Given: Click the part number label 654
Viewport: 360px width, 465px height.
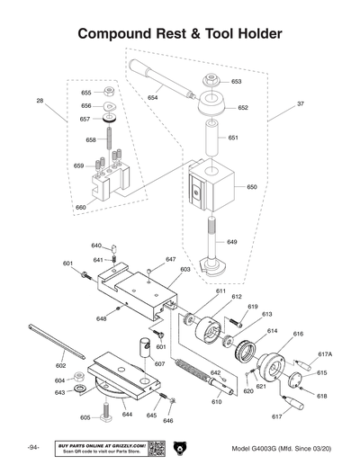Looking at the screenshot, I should (x=153, y=97).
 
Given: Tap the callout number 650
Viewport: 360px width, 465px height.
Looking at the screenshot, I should (x=251, y=187).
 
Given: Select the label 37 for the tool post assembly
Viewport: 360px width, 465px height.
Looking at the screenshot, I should (x=300, y=104).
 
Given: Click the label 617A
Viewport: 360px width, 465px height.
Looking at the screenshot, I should (x=325, y=354).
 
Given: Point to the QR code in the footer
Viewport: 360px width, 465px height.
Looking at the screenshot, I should (x=153, y=447).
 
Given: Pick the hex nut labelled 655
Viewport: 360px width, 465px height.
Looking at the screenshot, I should (x=108, y=92).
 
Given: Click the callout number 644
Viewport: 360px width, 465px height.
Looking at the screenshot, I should (x=127, y=415).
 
